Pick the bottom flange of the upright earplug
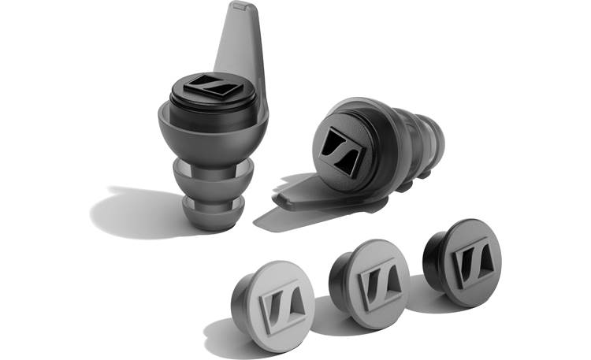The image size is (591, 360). [212, 211]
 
